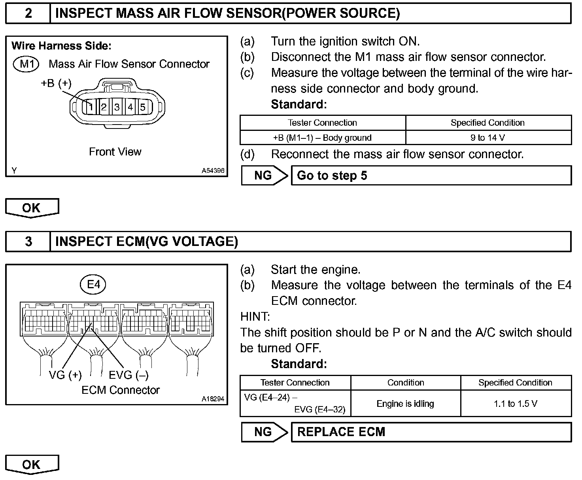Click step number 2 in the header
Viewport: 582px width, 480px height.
28,13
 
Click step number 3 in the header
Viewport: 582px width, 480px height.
28,241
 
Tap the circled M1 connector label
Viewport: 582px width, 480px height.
26,64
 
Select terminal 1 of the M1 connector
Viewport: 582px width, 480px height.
91,107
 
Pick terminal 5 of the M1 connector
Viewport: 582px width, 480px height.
143,107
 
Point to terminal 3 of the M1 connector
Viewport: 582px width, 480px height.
117,107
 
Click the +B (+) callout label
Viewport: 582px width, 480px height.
56,83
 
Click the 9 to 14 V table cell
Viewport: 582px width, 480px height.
488,138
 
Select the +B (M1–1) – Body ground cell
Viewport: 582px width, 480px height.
322,138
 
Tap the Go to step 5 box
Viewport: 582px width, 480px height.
431,176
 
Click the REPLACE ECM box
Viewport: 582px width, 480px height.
431,432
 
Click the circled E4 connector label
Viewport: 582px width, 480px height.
93,284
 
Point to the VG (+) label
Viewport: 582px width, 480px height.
65,375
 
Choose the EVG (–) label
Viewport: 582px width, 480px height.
128,375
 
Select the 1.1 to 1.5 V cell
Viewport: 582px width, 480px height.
515,404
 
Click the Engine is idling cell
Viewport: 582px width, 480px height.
405,404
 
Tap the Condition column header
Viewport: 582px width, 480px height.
405,382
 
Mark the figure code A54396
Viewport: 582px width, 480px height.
213,171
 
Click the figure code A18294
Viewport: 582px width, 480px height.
213,399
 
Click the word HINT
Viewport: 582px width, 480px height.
255,317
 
